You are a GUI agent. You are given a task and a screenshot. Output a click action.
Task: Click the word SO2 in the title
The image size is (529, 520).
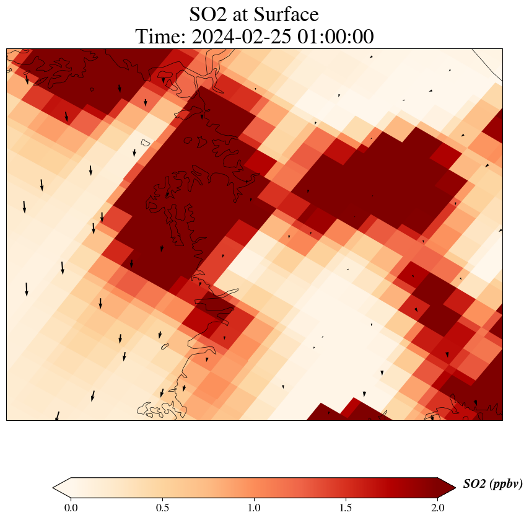click(208, 14)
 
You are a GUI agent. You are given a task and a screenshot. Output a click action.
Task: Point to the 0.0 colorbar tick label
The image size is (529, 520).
click(71, 508)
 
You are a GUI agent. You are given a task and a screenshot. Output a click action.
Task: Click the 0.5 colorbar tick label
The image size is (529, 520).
click(162, 508)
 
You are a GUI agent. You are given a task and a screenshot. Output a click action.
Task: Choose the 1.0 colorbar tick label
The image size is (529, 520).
click(254, 508)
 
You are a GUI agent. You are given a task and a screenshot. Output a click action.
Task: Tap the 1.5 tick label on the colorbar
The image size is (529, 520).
click(346, 508)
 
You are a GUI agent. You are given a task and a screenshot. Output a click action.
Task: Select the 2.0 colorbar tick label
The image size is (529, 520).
click(437, 508)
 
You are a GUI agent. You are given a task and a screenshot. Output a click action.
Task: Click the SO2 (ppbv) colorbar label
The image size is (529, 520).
click(492, 484)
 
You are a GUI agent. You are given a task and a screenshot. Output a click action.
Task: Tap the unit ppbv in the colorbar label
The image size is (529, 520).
click(505, 484)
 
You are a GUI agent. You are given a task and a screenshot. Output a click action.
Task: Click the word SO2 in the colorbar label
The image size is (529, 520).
click(475, 484)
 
